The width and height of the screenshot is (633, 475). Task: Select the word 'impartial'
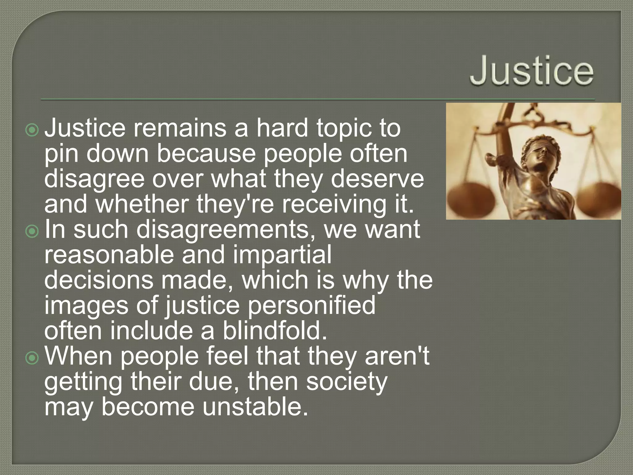[282, 255]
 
